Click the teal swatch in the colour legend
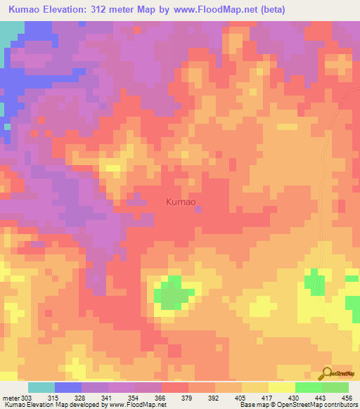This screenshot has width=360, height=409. (41, 387)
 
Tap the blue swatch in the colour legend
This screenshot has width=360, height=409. (68, 387)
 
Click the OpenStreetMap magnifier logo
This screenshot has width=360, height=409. (326, 373)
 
